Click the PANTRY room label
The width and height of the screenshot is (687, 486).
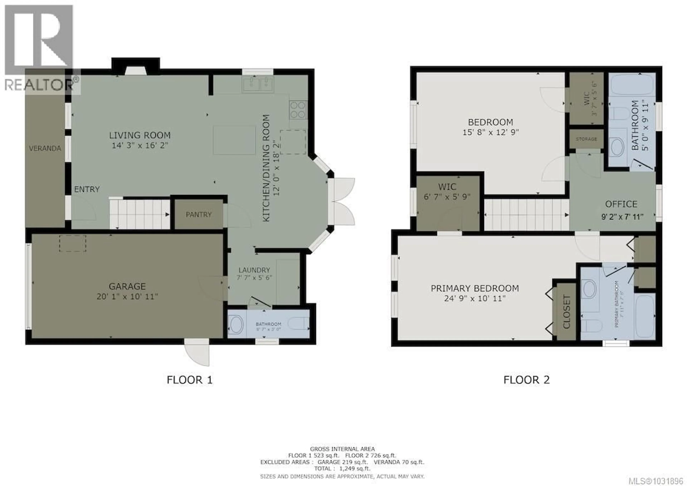198,215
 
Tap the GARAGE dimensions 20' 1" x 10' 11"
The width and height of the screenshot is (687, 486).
127,297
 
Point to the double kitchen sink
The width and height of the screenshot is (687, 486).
258,84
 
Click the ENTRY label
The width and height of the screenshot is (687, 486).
87,189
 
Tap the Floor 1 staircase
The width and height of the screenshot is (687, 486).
139,214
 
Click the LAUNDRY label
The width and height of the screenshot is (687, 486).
254,270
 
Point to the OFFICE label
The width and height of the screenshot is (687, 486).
621,204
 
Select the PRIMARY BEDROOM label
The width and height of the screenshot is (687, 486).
475,288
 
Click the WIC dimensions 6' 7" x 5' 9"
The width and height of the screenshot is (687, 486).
447,197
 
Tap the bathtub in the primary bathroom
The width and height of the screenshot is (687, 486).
645,316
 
